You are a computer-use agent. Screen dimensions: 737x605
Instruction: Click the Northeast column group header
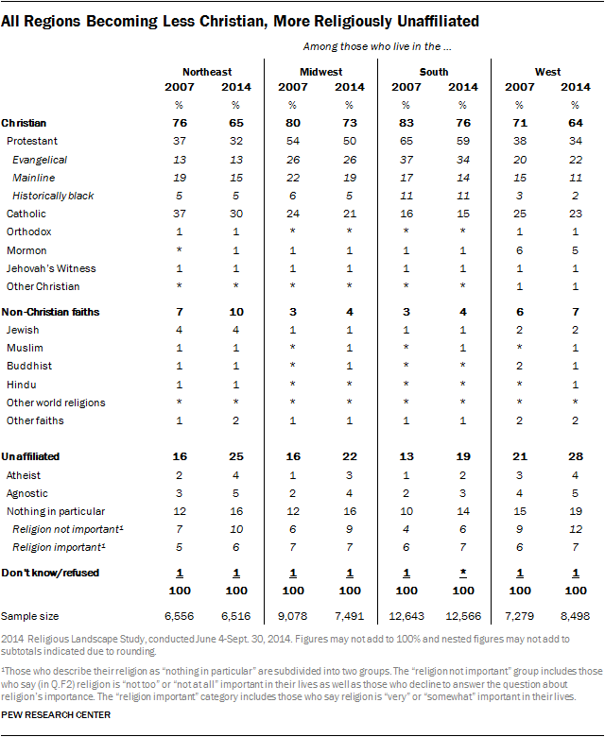click(x=207, y=71)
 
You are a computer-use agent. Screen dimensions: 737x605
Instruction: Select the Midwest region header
click(x=321, y=71)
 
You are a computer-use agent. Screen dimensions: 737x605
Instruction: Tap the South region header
click(x=434, y=71)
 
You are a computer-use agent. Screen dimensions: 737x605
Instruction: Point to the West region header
click(x=548, y=71)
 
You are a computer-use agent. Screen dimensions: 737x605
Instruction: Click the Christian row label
click(x=25, y=123)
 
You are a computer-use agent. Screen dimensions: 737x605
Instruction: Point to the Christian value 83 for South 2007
click(x=406, y=123)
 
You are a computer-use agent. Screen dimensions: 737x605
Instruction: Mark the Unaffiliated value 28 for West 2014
click(x=576, y=456)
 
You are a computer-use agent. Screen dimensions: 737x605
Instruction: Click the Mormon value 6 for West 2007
click(x=519, y=250)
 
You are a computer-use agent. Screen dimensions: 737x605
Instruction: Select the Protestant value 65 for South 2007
click(x=406, y=140)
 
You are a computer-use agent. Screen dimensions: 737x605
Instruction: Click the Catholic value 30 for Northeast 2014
click(x=235, y=214)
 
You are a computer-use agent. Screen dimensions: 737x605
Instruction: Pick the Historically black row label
click(x=54, y=196)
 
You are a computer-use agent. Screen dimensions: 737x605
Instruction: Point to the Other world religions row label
click(x=56, y=403)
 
